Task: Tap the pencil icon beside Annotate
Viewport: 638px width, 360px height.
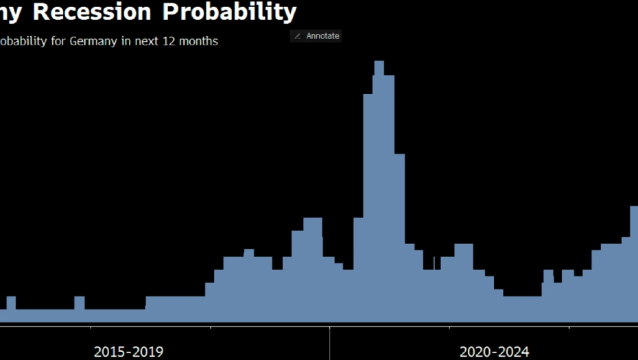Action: coord(298,36)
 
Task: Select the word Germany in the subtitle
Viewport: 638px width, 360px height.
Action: coord(93,41)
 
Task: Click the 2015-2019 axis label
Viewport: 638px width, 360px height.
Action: coord(128,352)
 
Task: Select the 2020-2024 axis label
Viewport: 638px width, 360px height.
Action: coord(494,352)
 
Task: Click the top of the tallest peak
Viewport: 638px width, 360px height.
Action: coord(379,63)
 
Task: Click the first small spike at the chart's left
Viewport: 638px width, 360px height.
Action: coord(11,300)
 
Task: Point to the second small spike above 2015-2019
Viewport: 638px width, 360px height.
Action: coord(80,300)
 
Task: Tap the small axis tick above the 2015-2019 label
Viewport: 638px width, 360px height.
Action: coord(211,328)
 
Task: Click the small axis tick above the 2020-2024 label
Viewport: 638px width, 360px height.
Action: coord(569,328)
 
